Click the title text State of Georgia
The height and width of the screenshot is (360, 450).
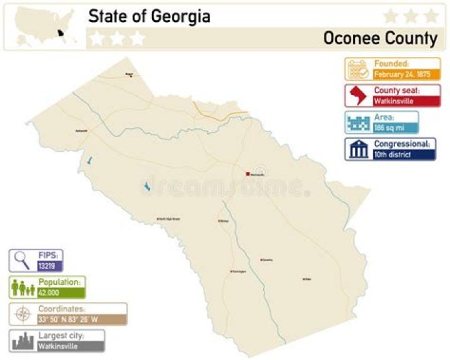click(x=149, y=16)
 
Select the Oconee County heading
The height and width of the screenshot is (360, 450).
click(x=380, y=38)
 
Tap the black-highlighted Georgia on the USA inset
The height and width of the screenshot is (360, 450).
click(x=61, y=34)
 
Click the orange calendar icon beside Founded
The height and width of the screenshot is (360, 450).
click(x=358, y=69)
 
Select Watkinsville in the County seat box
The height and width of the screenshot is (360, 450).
click(x=394, y=101)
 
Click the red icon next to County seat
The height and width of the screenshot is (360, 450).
click(x=358, y=96)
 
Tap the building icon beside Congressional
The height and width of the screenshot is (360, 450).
click(x=358, y=149)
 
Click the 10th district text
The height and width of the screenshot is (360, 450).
click(x=392, y=154)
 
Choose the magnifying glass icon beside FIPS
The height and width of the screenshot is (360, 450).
click(x=22, y=260)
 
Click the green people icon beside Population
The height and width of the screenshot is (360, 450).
click(x=22, y=287)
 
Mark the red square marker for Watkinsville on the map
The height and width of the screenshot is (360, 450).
click(x=248, y=174)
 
